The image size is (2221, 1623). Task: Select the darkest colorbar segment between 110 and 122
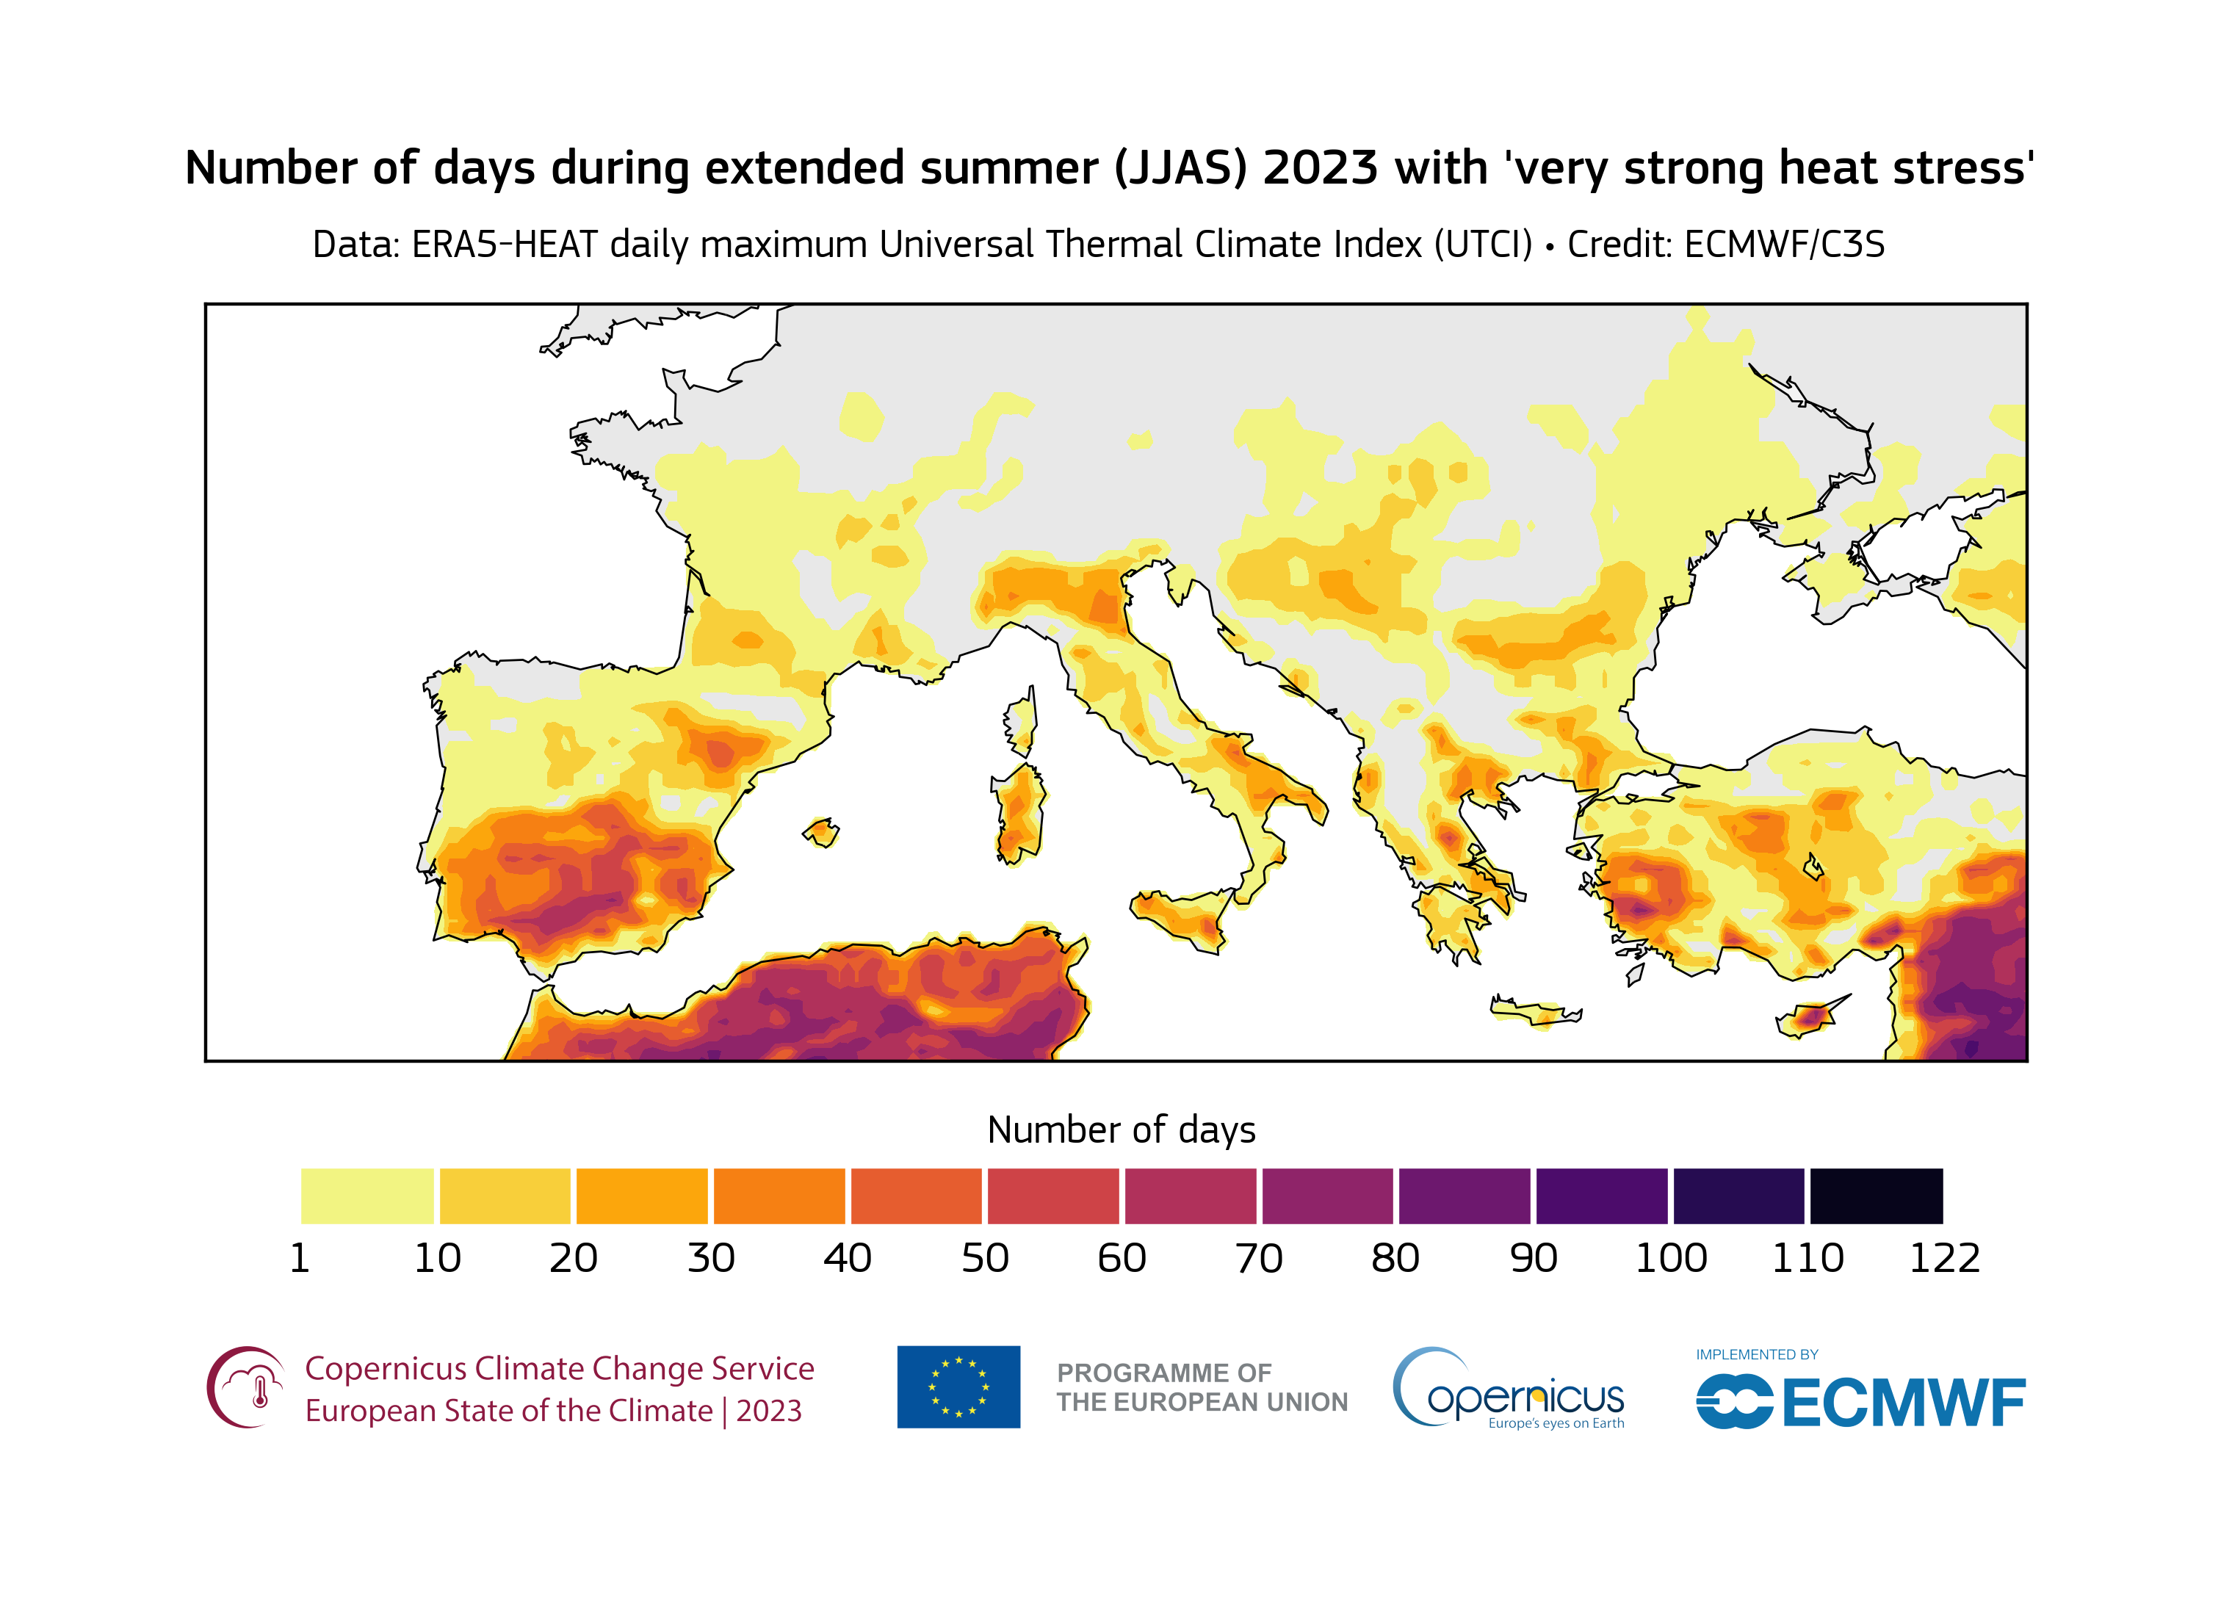(x=1875, y=1196)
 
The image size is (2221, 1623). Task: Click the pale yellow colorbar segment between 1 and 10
(x=366, y=1196)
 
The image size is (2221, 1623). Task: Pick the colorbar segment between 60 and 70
(x=1190, y=1196)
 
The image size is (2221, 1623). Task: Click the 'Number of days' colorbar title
(x=1121, y=1129)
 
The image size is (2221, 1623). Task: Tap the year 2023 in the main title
(x=1321, y=168)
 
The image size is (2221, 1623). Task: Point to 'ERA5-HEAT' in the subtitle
(x=504, y=245)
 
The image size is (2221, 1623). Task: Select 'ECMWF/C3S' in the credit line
(x=1784, y=245)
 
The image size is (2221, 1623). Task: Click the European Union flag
(x=958, y=1387)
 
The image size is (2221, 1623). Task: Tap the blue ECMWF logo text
(x=1902, y=1402)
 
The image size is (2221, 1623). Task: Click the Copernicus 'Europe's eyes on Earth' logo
(x=1509, y=1390)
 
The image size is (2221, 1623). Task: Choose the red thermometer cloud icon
(x=245, y=1387)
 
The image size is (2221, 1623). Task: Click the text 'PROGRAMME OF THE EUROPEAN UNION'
(x=1202, y=1387)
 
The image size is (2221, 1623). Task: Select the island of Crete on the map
(x=1534, y=1012)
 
